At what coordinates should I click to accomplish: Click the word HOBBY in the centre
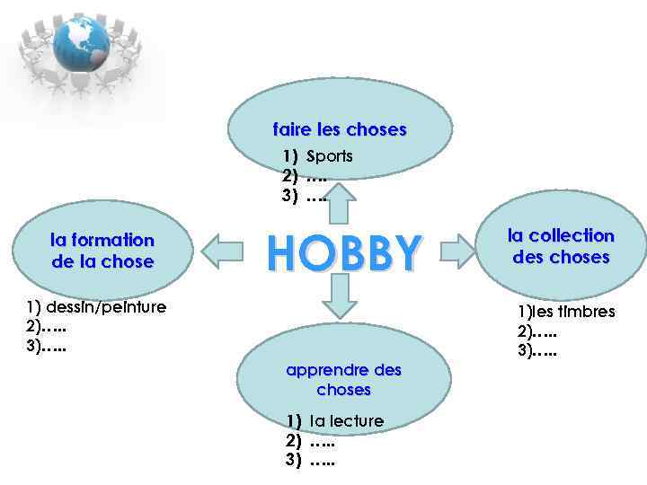[343, 252]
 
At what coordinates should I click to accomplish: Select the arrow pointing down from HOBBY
[340, 296]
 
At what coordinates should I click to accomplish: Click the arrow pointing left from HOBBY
[225, 251]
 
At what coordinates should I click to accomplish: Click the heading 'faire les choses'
[340, 130]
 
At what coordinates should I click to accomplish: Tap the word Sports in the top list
[330, 156]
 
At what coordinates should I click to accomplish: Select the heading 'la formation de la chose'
[102, 251]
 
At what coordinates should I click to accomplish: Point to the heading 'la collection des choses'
[561, 246]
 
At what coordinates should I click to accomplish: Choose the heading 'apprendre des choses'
[343, 380]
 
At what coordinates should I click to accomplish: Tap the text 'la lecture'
[346, 421]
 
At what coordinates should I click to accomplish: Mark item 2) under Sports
[305, 176]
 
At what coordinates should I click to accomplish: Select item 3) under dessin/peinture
[47, 346]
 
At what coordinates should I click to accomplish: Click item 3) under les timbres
[537, 351]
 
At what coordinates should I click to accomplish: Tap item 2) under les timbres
[537, 331]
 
